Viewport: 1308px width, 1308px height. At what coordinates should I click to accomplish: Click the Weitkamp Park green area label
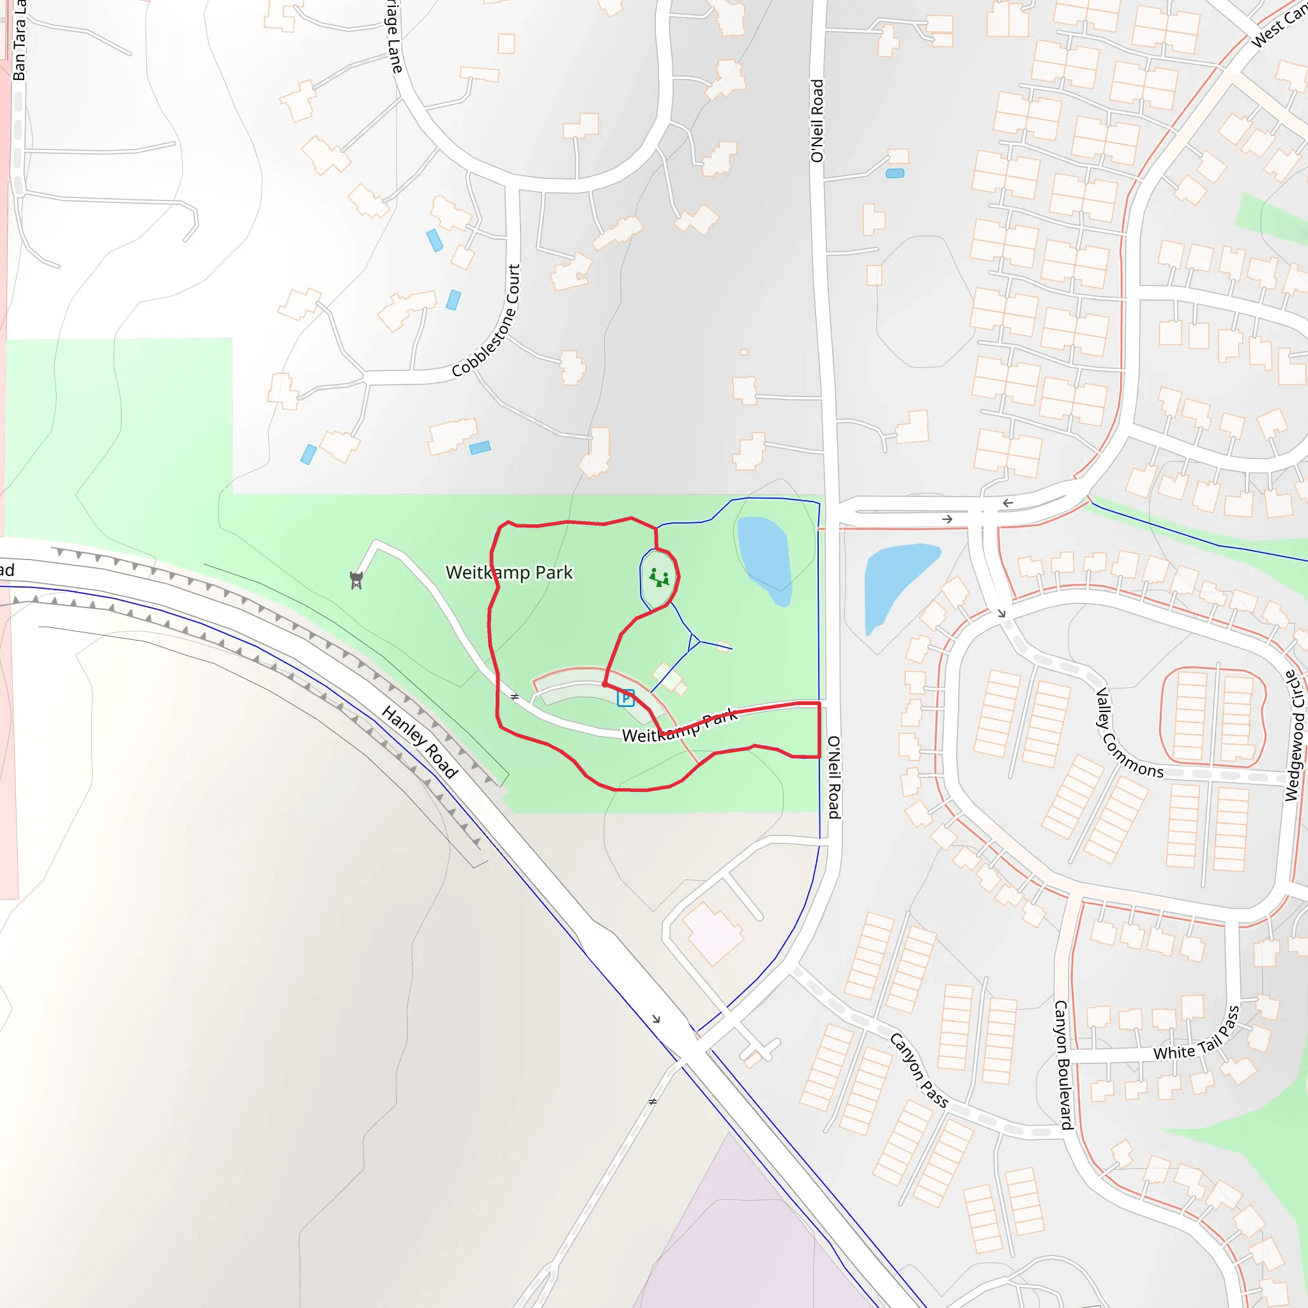pyautogui.click(x=509, y=573)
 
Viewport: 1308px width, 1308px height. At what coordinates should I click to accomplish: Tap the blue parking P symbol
pyautogui.click(x=625, y=698)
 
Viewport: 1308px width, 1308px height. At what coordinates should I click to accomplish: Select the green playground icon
pyautogui.click(x=658, y=578)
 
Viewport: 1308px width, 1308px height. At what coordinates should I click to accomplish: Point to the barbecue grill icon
pyautogui.click(x=357, y=580)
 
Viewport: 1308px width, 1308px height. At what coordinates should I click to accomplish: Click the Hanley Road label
pyautogui.click(x=420, y=741)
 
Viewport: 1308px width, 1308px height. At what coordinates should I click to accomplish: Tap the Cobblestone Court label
pyautogui.click(x=487, y=320)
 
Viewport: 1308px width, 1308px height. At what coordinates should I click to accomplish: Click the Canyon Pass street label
pyautogui.click(x=918, y=1070)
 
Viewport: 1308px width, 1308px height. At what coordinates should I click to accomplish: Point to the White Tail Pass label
pyautogui.click(x=1197, y=1034)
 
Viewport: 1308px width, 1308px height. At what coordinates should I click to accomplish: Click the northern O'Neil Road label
pyautogui.click(x=818, y=121)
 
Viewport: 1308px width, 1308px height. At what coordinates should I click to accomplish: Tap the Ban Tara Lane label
pyautogui.click(x=19, y=41)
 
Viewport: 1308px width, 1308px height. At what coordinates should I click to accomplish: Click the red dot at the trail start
pyautogui.click(x=605, y=685)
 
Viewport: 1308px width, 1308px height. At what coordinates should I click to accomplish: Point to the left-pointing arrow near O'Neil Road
pyautogui.click(x=1007, y=503)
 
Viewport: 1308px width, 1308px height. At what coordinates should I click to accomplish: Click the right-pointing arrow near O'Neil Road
pyautogui.click(x=947, y=519)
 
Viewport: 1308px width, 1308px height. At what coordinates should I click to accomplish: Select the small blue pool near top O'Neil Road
pyautogui.click(x=895, y=174)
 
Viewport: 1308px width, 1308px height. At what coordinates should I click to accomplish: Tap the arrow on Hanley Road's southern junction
pyautogui.click(x=655, y=1019)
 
